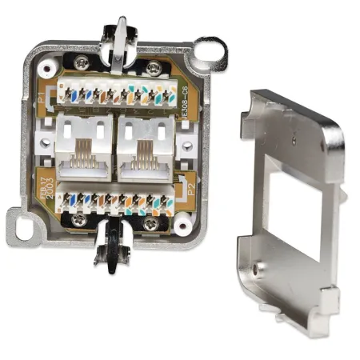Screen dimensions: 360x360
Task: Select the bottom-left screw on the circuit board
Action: (78, 219)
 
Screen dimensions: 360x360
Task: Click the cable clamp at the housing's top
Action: (117, 36)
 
